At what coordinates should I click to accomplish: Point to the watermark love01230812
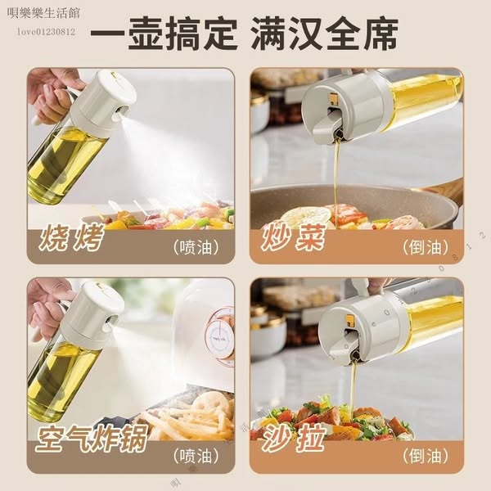click(46, 31)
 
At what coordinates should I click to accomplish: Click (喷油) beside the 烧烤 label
click(196, 246)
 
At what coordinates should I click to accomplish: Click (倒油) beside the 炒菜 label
click(426, 246)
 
